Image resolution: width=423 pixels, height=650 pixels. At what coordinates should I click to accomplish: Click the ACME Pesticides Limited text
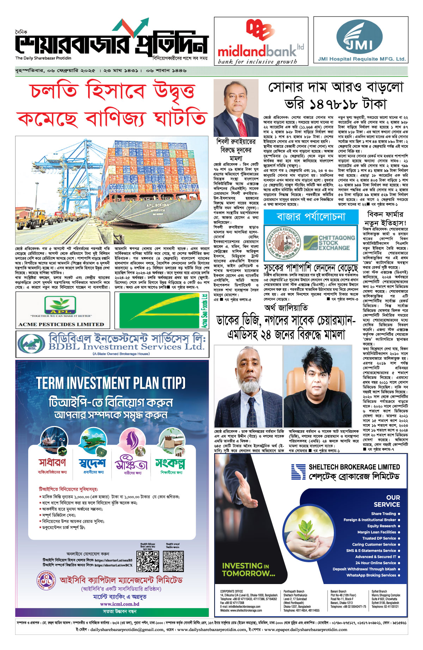[x=61, y=324]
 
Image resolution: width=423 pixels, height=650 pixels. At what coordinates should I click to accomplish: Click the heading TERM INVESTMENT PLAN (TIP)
[x=111, y=383]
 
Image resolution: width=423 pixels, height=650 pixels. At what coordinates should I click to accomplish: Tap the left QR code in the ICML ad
[x=147, y=562]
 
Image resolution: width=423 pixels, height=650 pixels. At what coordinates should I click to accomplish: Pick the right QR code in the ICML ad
[x=173, y=562]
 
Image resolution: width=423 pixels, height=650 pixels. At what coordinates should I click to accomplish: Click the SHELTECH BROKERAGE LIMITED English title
[x=354, y=467]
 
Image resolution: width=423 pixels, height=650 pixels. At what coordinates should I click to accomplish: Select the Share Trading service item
[x=383, y=514]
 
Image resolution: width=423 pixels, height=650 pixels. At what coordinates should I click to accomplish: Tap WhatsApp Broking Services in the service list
[x=371, y=575]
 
